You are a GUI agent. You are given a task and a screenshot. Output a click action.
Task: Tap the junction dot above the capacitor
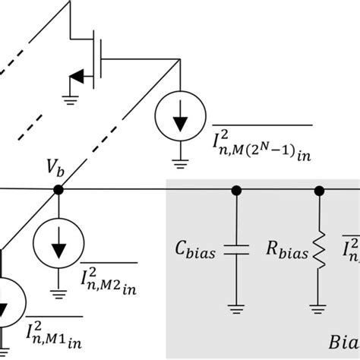pos(237,190)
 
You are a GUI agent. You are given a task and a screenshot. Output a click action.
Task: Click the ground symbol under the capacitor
pos(237,307)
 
